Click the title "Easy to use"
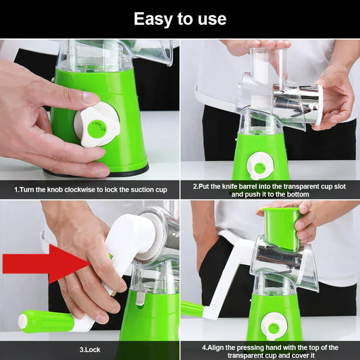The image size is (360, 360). coord(180,18)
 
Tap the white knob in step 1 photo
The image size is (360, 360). coord(97,124)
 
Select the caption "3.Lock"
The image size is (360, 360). coord(90,350)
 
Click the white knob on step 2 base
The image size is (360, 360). coord(260,165)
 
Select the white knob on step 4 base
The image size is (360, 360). coord(274,327)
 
